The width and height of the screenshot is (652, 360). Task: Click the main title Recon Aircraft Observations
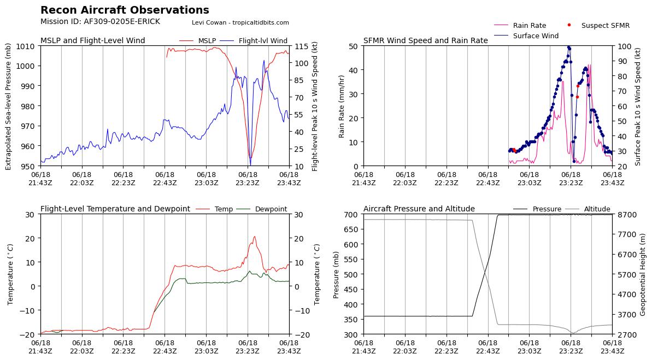click(x=125, y=10)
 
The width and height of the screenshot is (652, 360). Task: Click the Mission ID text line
click(x=100, y=22)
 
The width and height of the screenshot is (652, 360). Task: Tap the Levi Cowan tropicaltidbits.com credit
click(x=240, y=22)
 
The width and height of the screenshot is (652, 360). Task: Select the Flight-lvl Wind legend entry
click(x=262, y=41)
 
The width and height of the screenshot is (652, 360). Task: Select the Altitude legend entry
click(x=597, y=209)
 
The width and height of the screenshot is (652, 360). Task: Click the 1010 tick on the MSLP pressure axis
click(x=27, y=46)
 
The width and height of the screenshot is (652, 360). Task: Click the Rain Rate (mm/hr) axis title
click(x=342, y=106)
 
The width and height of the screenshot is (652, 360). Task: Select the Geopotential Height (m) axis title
click(x=643, y=274)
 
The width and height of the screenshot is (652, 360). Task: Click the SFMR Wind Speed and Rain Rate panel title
click(x=425, y=41)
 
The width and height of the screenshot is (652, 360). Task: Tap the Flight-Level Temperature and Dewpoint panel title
click(x=115, y=209)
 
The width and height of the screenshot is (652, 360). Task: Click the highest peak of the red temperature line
click(x=254, y=237)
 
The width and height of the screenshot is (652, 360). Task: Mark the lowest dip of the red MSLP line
click(x=250, y=159)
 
